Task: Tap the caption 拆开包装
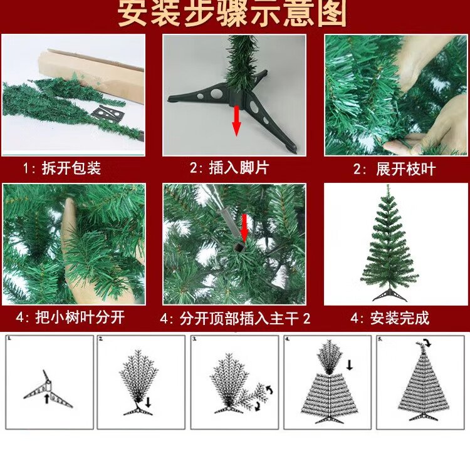(71, 168)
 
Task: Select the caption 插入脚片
(239, 167)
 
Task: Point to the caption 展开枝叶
(405, 169)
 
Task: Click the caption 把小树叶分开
(80, 317)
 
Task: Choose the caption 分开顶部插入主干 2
(245, 319)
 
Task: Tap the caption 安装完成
(400, 318)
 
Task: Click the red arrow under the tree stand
(237, 121)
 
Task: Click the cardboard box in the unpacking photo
(91, 76)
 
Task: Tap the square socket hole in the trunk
(239, 248)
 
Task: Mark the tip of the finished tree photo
(388, 185)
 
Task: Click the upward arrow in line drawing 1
(47, 399)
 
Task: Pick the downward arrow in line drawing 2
(148, 402)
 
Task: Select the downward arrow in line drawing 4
(349, 365)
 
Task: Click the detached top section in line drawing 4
(330, 357)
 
